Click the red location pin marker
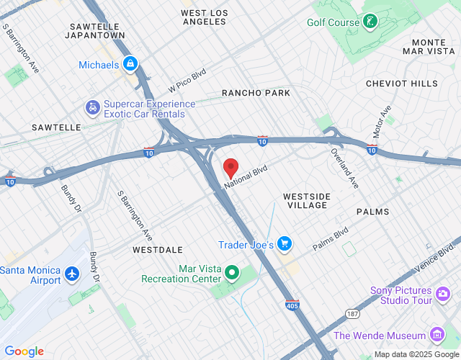coord(230,168)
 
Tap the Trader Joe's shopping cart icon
coord(285,245)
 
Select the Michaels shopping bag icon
coord(130,65)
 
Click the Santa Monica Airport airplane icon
coord(71,274)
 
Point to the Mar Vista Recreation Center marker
coord(232,273)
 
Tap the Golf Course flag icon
coord(370,21)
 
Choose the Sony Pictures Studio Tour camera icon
coord(443,293)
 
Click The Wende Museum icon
coord(436,335)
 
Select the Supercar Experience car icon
coord(93,109)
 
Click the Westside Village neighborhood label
coord(307,200)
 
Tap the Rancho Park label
coord(256,93)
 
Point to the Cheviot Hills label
coord(402,84)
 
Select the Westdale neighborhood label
coord(153,249)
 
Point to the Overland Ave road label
coord(344,168)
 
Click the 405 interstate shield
coord(292,305)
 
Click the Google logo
coord(24,351)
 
